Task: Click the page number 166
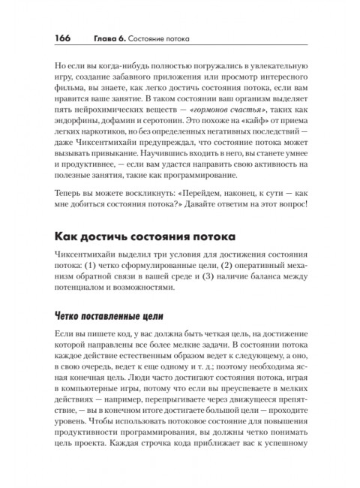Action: click(63, 38)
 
